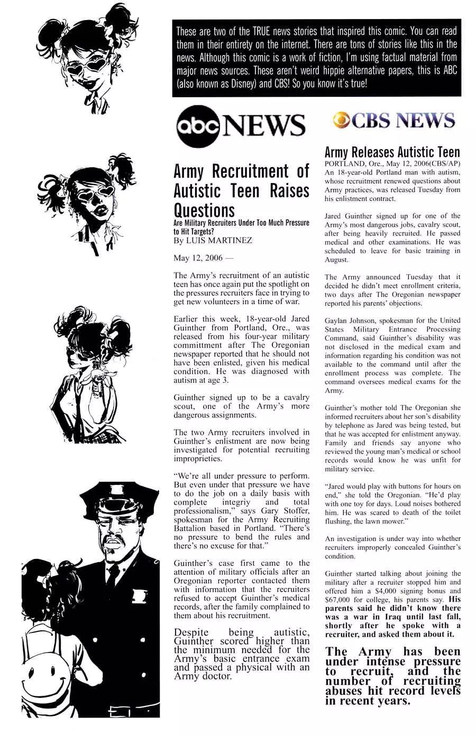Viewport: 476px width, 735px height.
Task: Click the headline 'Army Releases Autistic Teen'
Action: coord(392,153)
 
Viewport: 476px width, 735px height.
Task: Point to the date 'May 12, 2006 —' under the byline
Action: coord(202,258)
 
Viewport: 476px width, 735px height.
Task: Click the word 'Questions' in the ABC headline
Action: coord(204,210)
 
